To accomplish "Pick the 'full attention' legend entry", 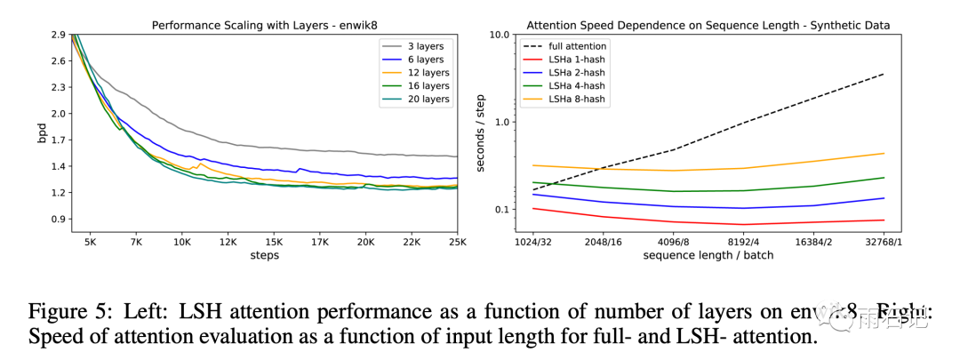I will (x=578, y=46).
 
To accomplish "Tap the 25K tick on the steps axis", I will (x=457, y=241).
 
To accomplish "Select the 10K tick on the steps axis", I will (x=181, y=241).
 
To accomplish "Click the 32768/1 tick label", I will (x=884, y=241).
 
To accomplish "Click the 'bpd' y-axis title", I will (x=42, y=134).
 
